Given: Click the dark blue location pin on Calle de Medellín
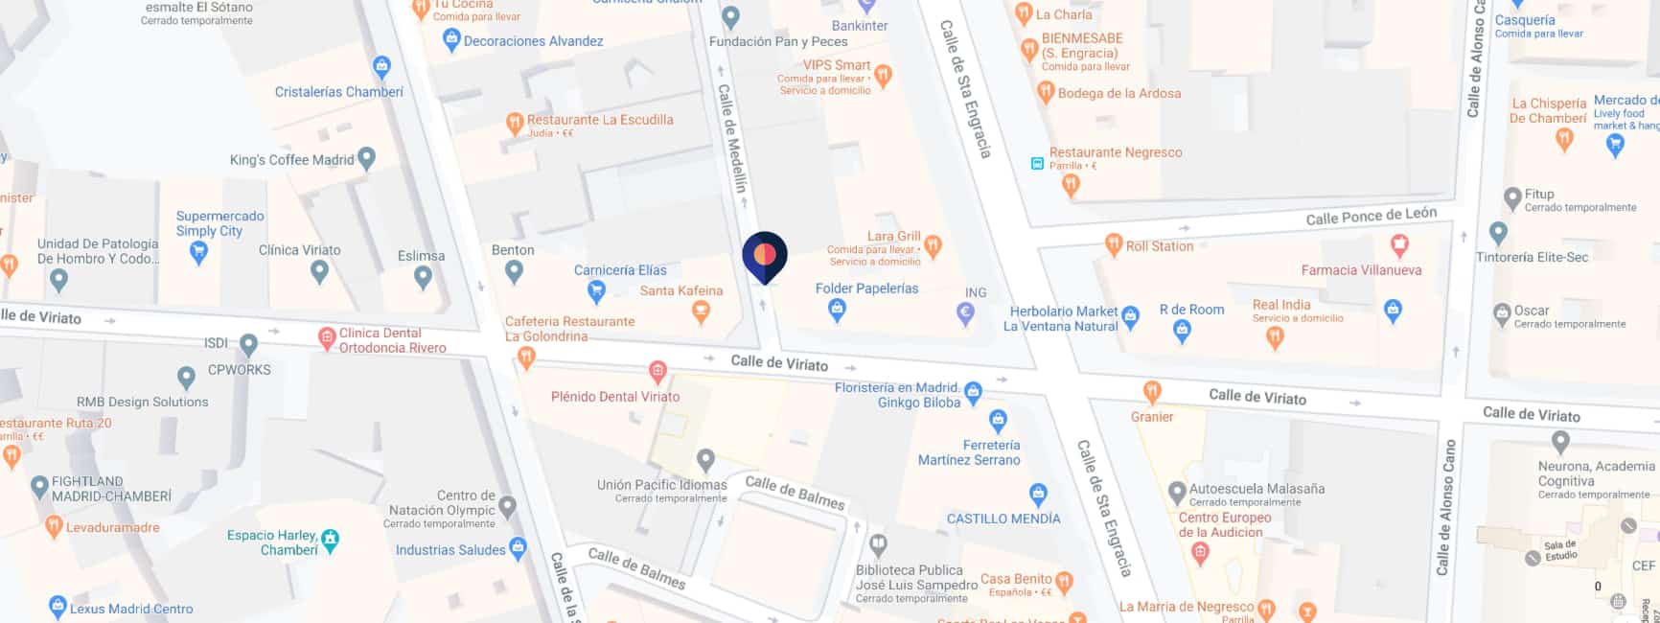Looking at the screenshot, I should tap(765, 256).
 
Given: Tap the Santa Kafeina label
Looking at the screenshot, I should tap(680, 290).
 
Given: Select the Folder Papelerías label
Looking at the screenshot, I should tap(866, 288).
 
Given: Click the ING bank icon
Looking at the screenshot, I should tap(966, 311).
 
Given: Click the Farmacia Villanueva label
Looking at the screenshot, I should tap(1361, 270).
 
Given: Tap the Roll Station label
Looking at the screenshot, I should tap(1159, 246).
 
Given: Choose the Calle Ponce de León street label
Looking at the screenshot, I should tap(1371, 217).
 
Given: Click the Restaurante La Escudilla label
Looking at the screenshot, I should tap(600, 120).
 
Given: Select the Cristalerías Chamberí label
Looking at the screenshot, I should tap(338, 92).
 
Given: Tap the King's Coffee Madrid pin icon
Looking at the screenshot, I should tap(366, 158).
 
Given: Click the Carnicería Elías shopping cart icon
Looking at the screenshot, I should tap(596, 289).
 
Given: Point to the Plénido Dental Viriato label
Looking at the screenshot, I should tap(614, 396).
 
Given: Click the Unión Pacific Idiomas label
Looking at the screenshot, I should tap(661, 485).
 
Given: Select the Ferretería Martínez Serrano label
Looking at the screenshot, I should tap(969, 452).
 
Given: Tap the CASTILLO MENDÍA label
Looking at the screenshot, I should tap(1003, 519).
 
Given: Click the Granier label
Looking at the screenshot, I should tap(1151, 417).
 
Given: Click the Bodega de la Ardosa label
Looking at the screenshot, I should tap(1118, 93).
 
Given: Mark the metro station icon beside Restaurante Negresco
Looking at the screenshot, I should tap(1036, 163).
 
